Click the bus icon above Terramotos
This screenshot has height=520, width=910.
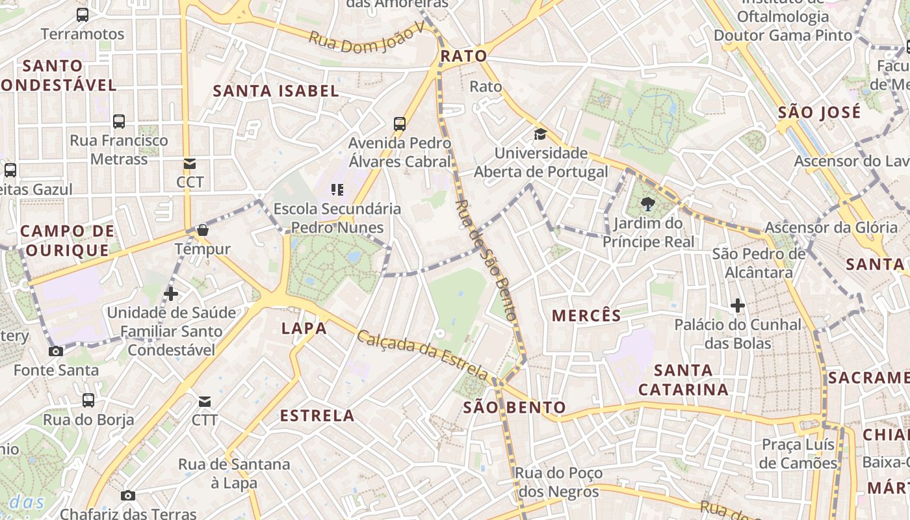pyautogui.click(x=83, y=15)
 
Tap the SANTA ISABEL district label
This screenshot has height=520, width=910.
pyautogui.click(x=276, y=91)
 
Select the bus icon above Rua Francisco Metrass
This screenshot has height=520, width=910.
pyautogui.click(x=119, y=122)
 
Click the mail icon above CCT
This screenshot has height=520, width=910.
pyautogui.click(x=190, y=164)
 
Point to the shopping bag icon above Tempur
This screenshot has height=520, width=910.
pyautogui.click(x=203, y=230)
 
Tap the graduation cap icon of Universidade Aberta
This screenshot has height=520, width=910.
pyautogui.click(x=540, y=135)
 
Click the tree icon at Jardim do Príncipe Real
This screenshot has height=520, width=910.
pyautogui.click(x=647, y=205)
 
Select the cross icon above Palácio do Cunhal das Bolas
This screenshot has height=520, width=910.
pyautogui.click(x=737, y=305)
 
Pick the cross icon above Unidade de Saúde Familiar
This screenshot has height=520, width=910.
pyautogui.click(x=171, y=294)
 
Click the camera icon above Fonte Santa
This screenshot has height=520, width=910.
pyautogui.click(x=56, y=352)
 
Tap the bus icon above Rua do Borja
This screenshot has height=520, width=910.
pyautogui.click(x=88, y=400)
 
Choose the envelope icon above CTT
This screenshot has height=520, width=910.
pyautogui.click(x=205, y=401)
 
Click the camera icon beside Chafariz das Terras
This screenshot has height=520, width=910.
pyautogui.click(x=128, y=496)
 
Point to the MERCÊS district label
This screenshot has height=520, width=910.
pyautogui.click(x=586, y=316)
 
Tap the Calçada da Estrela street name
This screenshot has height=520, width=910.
pyautogui.click(x=422, y=355)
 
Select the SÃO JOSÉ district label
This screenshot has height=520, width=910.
pyautogui.click(x=819, y=112)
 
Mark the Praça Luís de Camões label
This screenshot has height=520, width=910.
pyautogui.click(x=798, y=454)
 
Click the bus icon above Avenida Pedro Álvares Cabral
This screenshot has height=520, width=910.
pyautogui.click(x=400, y=123)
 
